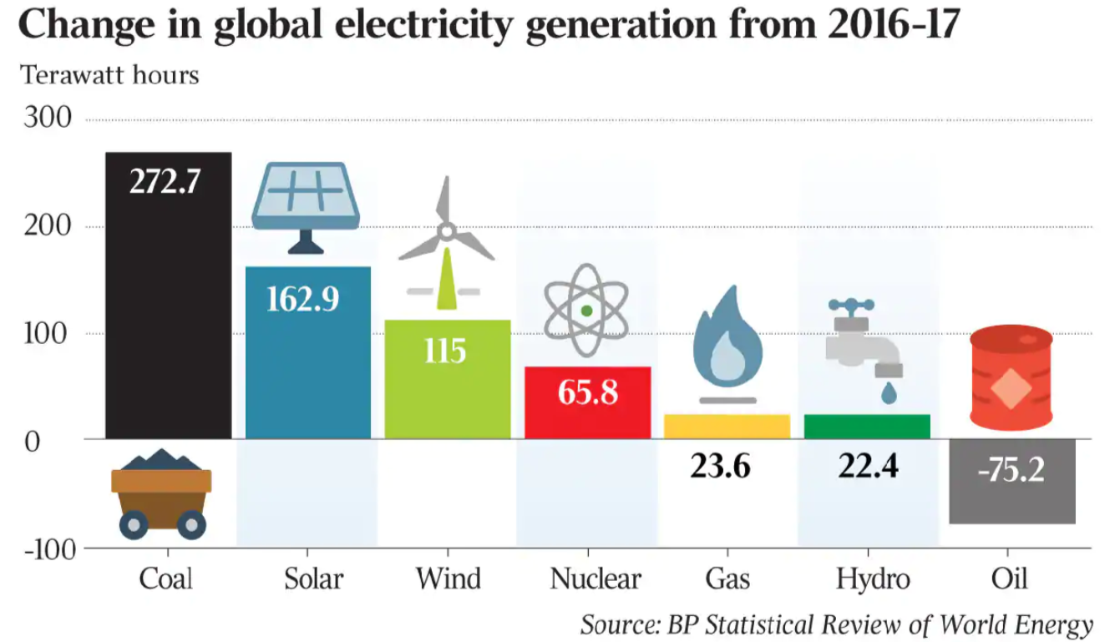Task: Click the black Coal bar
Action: tap(168, 317)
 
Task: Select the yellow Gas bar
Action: tap(727, 426)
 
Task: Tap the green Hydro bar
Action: tap(866, 426)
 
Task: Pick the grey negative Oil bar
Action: tap(1012, 501)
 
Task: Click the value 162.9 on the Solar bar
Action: tap(302, 298)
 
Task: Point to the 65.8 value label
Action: tap(587, 392)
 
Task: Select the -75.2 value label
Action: tap(1011, 470)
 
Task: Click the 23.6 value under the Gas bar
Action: tap(720, 466)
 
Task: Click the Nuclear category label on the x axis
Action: tap(595, 579)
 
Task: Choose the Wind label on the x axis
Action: tap(449, 579)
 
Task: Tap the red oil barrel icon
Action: tap(1011, 376)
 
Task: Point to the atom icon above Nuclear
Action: tap(586, 311)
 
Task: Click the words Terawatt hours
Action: tap(109, 75)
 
